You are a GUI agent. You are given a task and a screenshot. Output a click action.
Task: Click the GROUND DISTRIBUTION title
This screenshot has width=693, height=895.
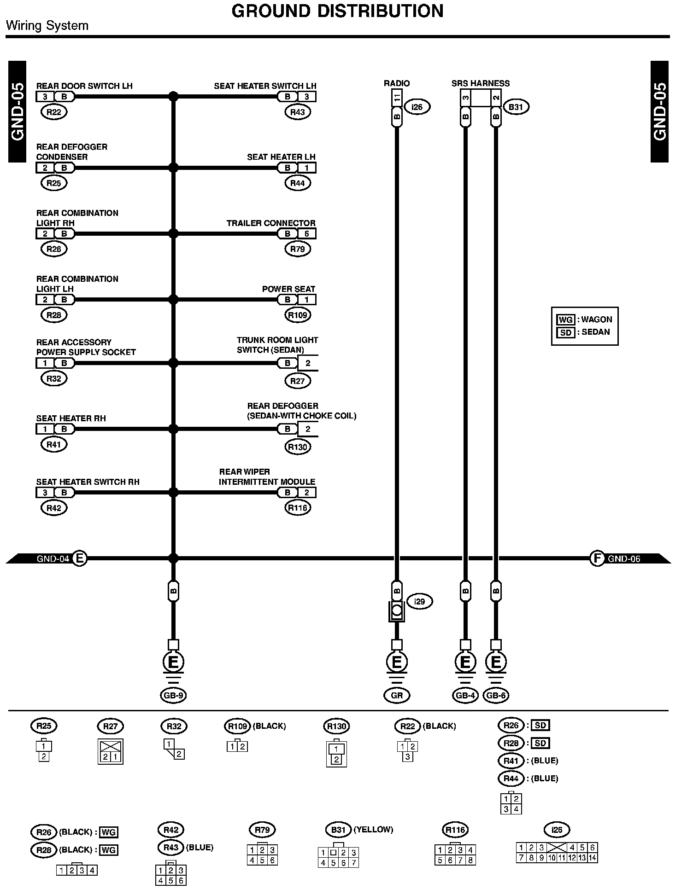click(337, 11)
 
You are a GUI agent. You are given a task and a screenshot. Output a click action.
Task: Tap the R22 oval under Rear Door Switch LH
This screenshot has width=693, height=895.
click(54, 112)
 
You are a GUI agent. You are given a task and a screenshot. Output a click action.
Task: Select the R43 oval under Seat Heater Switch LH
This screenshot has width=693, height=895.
click(298, 112)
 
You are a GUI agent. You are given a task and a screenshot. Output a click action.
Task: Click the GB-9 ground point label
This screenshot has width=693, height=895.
click(173, 696)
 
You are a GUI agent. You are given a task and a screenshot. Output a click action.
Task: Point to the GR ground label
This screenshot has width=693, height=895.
click(397, 696)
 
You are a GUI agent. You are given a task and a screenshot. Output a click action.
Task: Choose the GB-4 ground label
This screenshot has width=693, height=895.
click(465, 696)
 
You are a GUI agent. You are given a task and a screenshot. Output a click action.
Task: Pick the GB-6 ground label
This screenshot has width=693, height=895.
click(496, 696)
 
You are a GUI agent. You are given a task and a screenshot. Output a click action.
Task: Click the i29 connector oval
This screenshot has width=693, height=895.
click(419, 602)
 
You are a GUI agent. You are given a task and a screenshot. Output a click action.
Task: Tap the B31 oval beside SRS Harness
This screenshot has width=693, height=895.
click(516, 107)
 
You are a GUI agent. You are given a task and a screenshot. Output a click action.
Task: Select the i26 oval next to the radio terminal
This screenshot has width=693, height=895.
click(417, 107)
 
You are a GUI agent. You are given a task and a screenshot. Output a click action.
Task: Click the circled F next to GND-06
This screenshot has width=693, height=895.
click(597, 558)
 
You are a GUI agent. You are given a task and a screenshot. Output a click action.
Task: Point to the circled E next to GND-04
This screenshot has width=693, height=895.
click(80, 558)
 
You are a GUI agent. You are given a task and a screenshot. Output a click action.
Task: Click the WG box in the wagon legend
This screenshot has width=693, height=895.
click(565, 320)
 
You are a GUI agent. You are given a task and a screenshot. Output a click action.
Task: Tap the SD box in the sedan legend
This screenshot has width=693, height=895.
click(565, 332)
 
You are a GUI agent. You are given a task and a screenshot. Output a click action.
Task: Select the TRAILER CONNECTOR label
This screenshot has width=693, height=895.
click(271, 223)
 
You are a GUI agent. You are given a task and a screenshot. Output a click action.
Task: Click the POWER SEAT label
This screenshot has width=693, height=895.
click(288, 289)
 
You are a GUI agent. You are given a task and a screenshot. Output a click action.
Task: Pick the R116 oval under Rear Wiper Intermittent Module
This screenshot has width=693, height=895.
click(298, 508)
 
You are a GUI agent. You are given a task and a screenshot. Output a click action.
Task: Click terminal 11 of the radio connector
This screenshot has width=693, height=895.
click(397, 98)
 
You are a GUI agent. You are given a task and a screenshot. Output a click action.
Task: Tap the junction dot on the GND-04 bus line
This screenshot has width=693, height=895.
click(173, 558)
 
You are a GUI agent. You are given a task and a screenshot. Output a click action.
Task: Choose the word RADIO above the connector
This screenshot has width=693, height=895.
click(397, 83)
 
